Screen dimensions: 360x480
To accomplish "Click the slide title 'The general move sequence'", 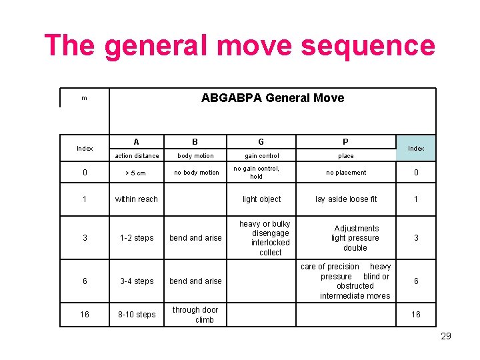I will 239,46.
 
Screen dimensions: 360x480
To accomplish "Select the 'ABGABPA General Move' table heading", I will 273,98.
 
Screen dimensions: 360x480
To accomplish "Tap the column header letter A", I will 137,141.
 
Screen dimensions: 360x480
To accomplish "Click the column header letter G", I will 261,141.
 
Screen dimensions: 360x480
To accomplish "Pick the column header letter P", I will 345,141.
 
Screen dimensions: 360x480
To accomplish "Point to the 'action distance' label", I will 137,156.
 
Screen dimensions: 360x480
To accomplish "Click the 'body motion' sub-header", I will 195,156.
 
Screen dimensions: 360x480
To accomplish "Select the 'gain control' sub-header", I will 261,156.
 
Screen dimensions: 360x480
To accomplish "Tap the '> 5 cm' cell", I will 137,173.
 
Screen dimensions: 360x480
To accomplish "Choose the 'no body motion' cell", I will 196,173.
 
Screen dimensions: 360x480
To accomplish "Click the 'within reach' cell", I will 137,199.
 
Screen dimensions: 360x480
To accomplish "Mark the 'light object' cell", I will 261,199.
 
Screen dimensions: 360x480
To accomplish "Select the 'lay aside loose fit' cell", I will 346,199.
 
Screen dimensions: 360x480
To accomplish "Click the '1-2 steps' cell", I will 137,238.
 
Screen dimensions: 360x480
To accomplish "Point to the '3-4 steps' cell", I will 137,281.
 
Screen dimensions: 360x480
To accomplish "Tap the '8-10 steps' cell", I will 137,315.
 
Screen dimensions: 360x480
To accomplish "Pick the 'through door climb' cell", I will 196,315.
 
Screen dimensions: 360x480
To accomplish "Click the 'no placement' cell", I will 346,173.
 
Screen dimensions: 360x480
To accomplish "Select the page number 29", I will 446,336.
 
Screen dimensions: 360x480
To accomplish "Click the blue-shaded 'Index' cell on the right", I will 416,148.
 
